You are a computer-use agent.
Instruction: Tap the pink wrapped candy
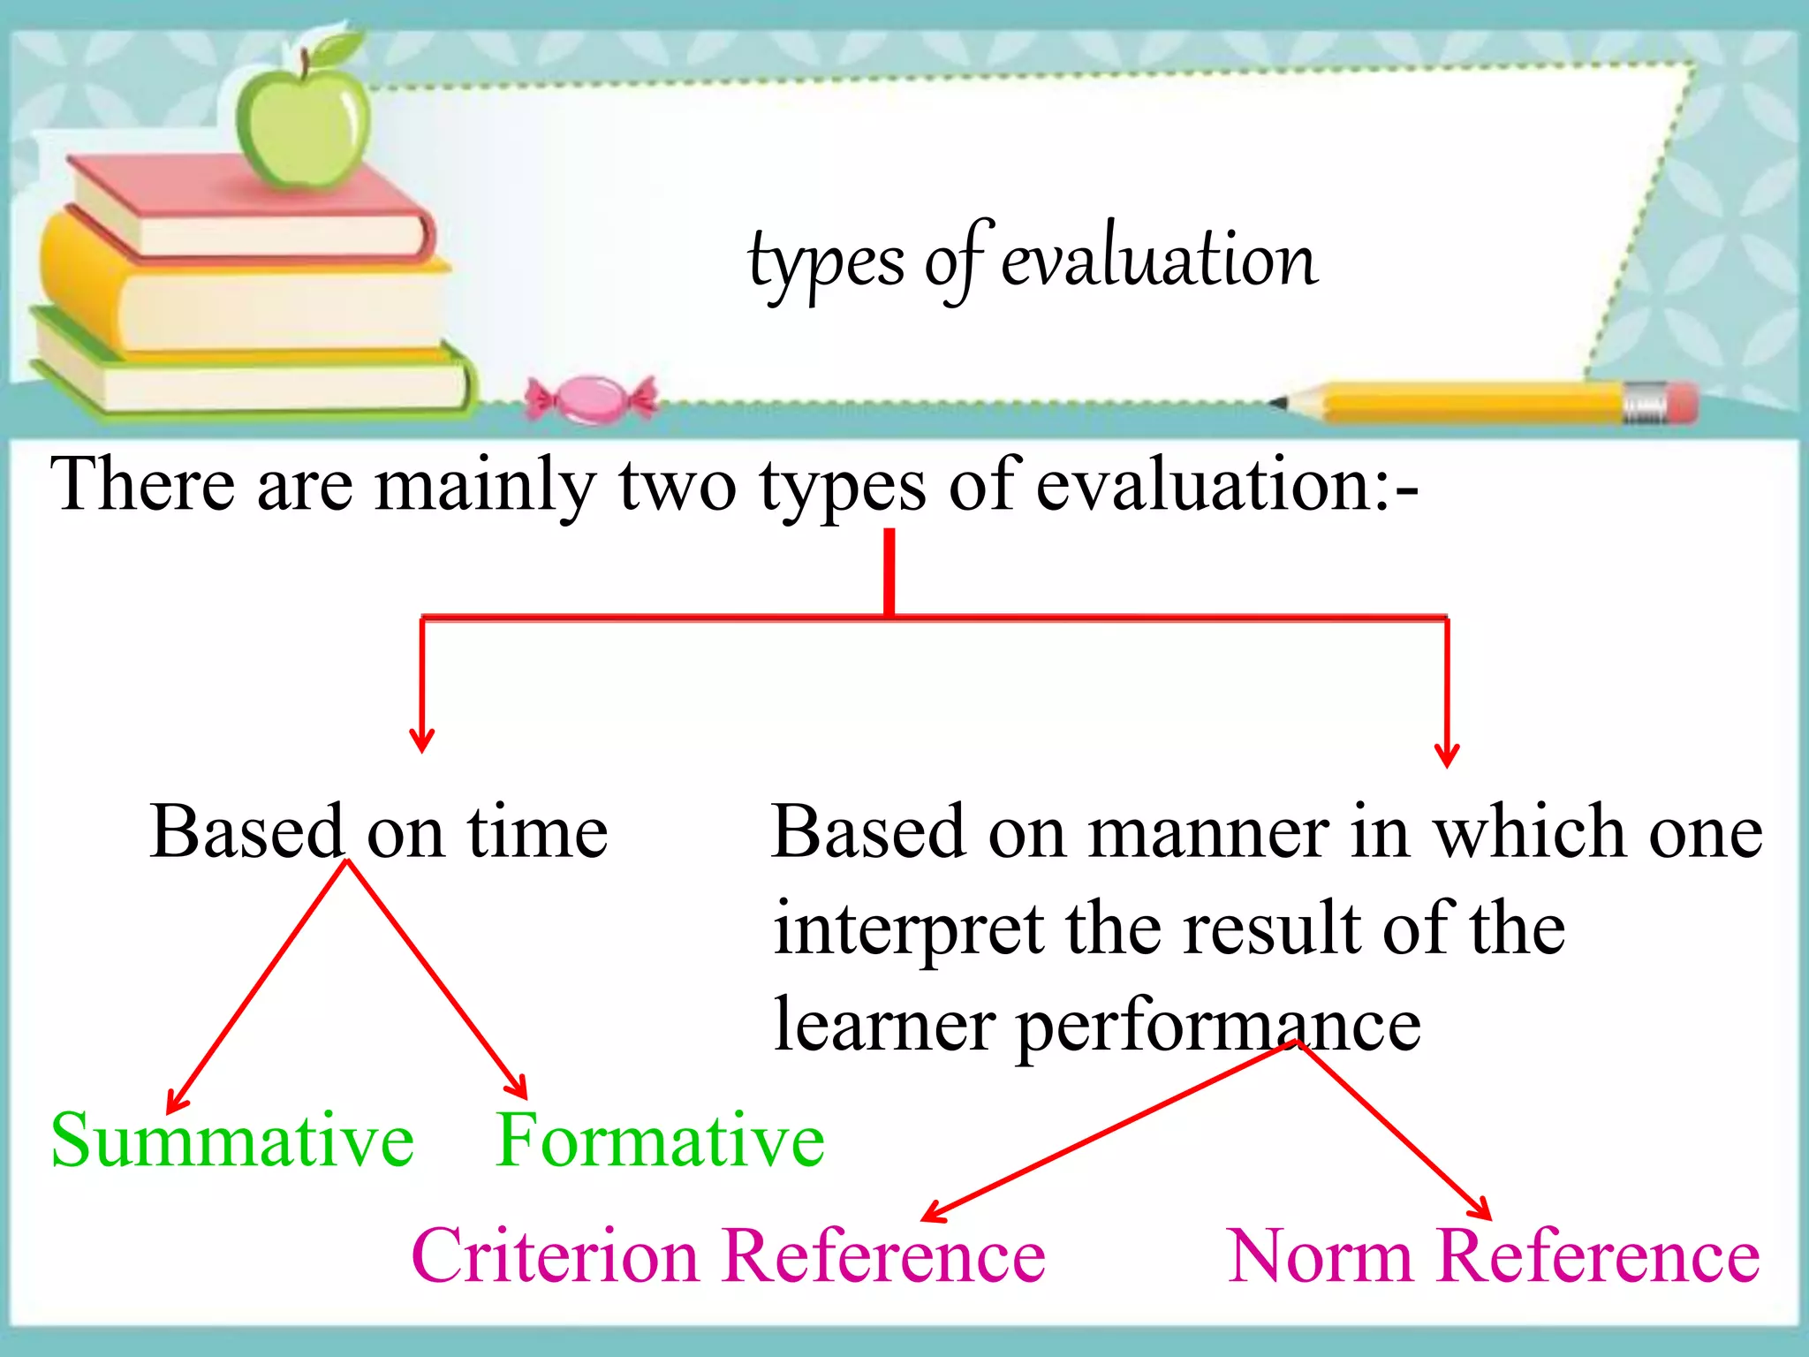pos(591,399)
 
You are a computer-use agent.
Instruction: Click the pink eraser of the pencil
pos(1683,403)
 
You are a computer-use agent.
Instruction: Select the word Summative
pos(232,1141)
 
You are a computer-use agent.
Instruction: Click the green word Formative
pos(660,1141)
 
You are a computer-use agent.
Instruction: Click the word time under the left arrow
pos(537,832)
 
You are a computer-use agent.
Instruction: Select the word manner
pos(1208,832)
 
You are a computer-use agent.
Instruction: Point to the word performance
pos(1219,1027)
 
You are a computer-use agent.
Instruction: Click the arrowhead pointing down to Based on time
pos(422,739)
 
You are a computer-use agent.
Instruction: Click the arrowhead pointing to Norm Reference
pos(1480,1209)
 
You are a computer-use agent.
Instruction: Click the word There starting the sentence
pos(142,486)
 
